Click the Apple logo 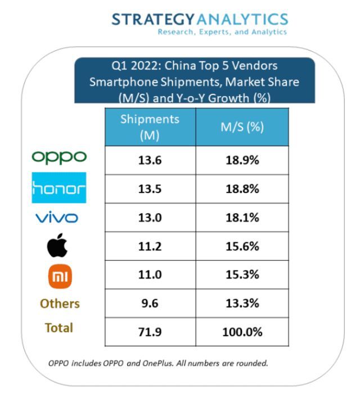click(x=60, y=246)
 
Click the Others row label click(x=60, y=304)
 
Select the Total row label click(x=59, y=328)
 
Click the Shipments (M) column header click(x=150, y=127)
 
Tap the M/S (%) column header click(x=242, y=127)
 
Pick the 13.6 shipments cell click(x=150, y=160)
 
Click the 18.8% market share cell click(x=242, y=189)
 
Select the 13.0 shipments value click(x=150, y=218)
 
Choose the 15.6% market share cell click(x=242, y=247)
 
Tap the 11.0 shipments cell click(x=150, y=275)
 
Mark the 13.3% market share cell click(x=242, y=304)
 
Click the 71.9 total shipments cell click(x=150, y=332)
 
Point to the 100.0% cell click(x=242, y=332)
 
